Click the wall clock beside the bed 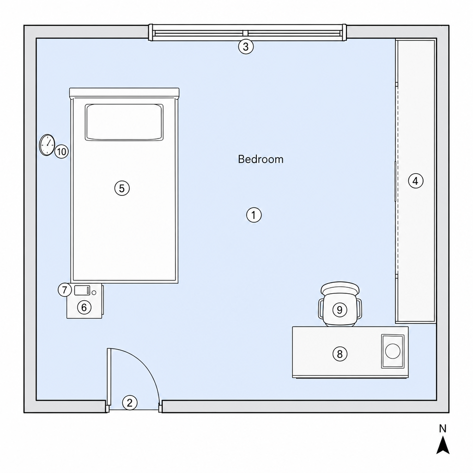tap(47, 145)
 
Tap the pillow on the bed tap(124, 122)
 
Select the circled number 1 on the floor tap(254, 215)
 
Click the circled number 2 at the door tap(130, 403)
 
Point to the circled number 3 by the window tap(246, 47)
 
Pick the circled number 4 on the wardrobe tap(416, 181)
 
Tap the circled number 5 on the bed tap(122, 188)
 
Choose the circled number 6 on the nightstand tap(84, 307)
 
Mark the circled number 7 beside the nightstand tap(65, 290)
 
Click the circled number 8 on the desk tap(340, 353)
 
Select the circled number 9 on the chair tap(340, 310)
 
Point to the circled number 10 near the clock tap(61, 152)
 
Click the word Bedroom tap(261, 159)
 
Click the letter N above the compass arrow tap(443, 429)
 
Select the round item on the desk tap(393, 351)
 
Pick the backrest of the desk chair tap(340, 288)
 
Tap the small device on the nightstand tap(82, 290)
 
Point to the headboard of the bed tap(124, 92)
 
